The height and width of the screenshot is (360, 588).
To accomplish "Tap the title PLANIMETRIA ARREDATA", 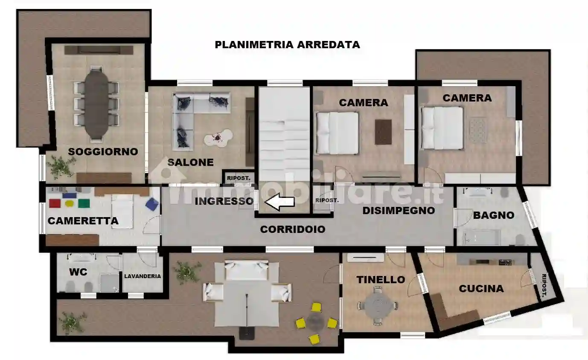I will point(287,45).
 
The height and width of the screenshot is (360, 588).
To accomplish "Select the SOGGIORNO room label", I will point(103,151).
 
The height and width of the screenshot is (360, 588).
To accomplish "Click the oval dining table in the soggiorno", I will point(96,104).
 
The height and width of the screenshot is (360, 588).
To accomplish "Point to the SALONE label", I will point(190,162).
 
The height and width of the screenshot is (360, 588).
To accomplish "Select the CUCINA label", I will point(481,289).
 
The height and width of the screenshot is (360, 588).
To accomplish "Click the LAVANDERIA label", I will point(143,276).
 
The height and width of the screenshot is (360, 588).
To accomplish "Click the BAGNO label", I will point(493,215).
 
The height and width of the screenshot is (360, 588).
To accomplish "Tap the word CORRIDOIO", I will point(293,229).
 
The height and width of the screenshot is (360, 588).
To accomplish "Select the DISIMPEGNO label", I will point(399,210).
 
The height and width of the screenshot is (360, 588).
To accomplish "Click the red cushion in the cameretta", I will point(55,203).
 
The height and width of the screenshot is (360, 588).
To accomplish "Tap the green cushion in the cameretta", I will point(84,203).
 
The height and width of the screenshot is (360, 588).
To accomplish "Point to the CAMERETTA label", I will point(83,221).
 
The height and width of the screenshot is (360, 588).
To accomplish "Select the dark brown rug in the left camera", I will point(383,132).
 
